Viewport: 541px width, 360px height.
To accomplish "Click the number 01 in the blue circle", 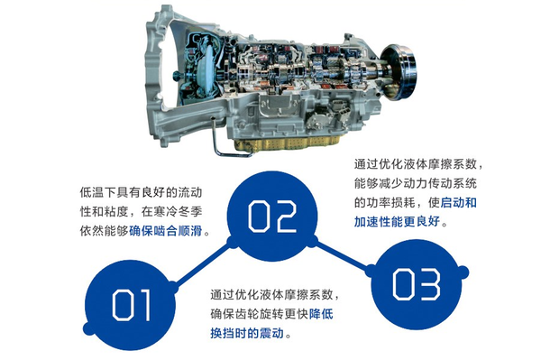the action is (132, 305).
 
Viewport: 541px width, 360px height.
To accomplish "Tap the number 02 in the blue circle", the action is (272, 217).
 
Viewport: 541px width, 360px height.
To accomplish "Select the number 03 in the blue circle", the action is (416, 284).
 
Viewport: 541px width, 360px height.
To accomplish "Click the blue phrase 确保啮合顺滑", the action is (165, 231).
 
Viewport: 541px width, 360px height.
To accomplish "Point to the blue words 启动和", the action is (459, 202).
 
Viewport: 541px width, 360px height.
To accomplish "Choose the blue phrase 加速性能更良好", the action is (397, 221).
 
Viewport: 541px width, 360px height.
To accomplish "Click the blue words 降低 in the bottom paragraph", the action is (321, 314).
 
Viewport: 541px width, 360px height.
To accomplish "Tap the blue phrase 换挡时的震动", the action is (247, 333).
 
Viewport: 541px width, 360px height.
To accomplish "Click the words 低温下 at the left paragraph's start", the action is (98, 192).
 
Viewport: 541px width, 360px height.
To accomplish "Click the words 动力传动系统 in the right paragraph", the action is (440, 183).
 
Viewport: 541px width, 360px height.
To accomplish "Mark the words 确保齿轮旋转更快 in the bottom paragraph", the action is (259, 314).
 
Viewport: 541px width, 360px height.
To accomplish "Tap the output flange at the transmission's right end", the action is (399, 72).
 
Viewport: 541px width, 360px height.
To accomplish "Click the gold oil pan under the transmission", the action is (287, 143).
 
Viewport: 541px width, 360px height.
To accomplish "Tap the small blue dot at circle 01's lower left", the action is (88, 328).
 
